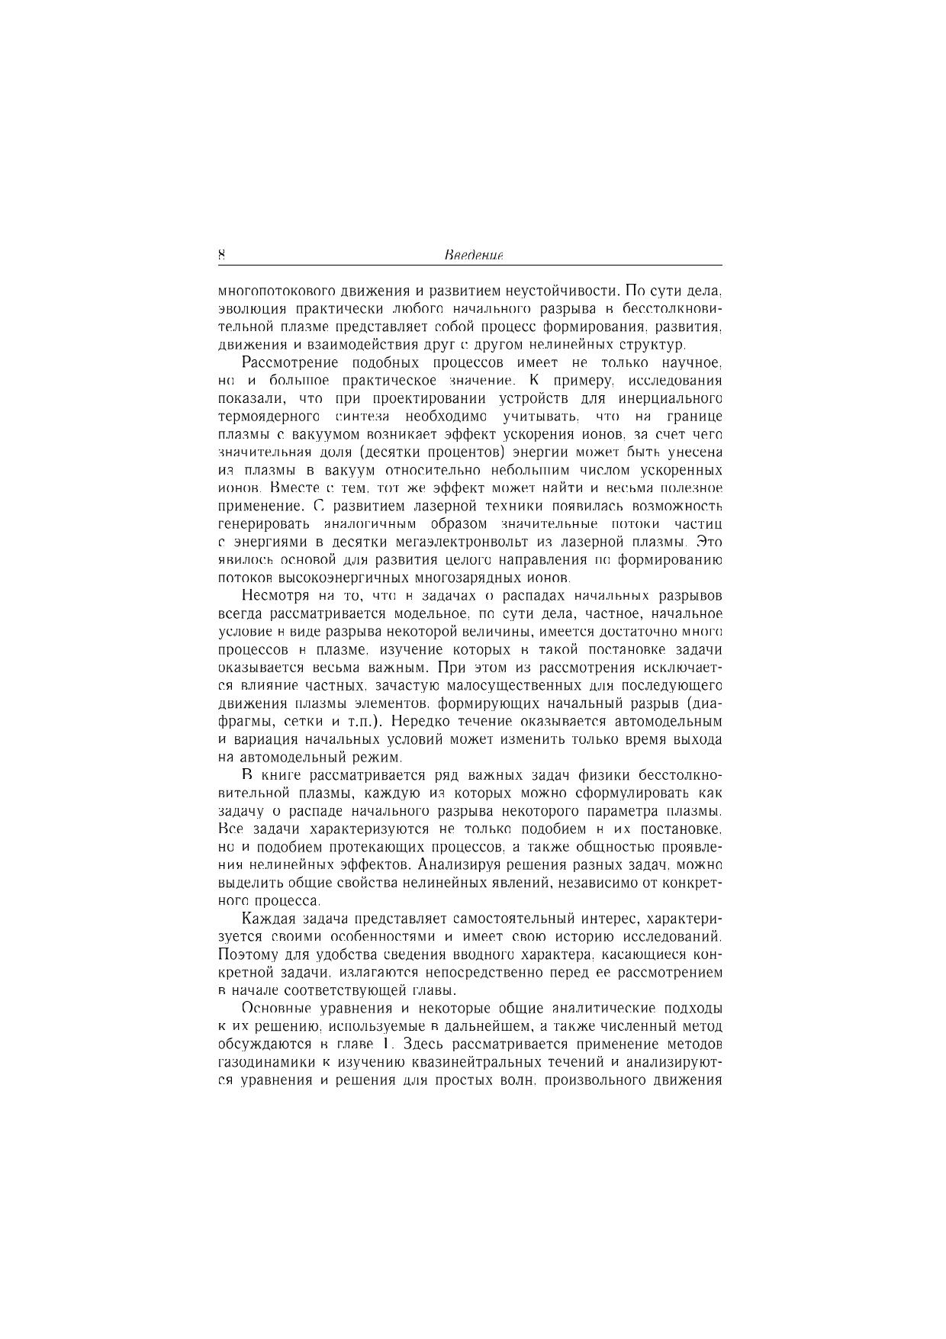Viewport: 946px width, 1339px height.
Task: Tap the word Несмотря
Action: pyautogui.click(x=275, y=596)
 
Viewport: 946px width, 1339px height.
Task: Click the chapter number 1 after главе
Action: pyautogui.click(x=386, y=1044)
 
